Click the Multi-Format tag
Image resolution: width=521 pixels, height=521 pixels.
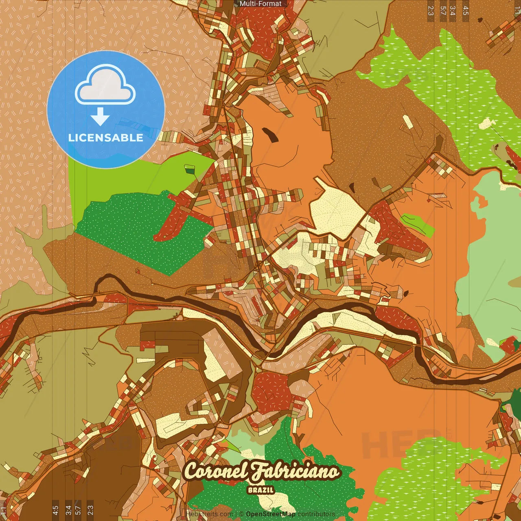point(260,4)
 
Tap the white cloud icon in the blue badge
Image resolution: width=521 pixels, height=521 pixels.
point(105,86)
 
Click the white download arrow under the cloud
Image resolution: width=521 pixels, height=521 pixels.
point(100,117)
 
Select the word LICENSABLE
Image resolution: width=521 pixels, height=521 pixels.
point(106,138)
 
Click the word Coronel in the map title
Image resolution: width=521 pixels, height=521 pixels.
point(216,471)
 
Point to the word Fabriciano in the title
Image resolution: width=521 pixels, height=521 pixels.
point(295,471)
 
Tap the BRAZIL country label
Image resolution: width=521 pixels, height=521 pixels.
point(260,490)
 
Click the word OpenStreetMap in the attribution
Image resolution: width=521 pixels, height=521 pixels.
point(271,514)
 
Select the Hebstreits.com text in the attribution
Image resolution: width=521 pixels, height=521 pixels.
point(209,514)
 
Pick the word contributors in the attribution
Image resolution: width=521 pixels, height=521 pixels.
point(316,514)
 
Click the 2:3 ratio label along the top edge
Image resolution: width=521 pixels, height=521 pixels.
point(431,10)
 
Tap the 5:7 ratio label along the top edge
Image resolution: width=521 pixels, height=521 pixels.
point(443,10)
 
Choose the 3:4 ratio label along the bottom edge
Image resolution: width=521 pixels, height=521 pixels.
point(68,510)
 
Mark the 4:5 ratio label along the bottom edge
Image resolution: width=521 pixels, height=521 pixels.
point(55,510)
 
